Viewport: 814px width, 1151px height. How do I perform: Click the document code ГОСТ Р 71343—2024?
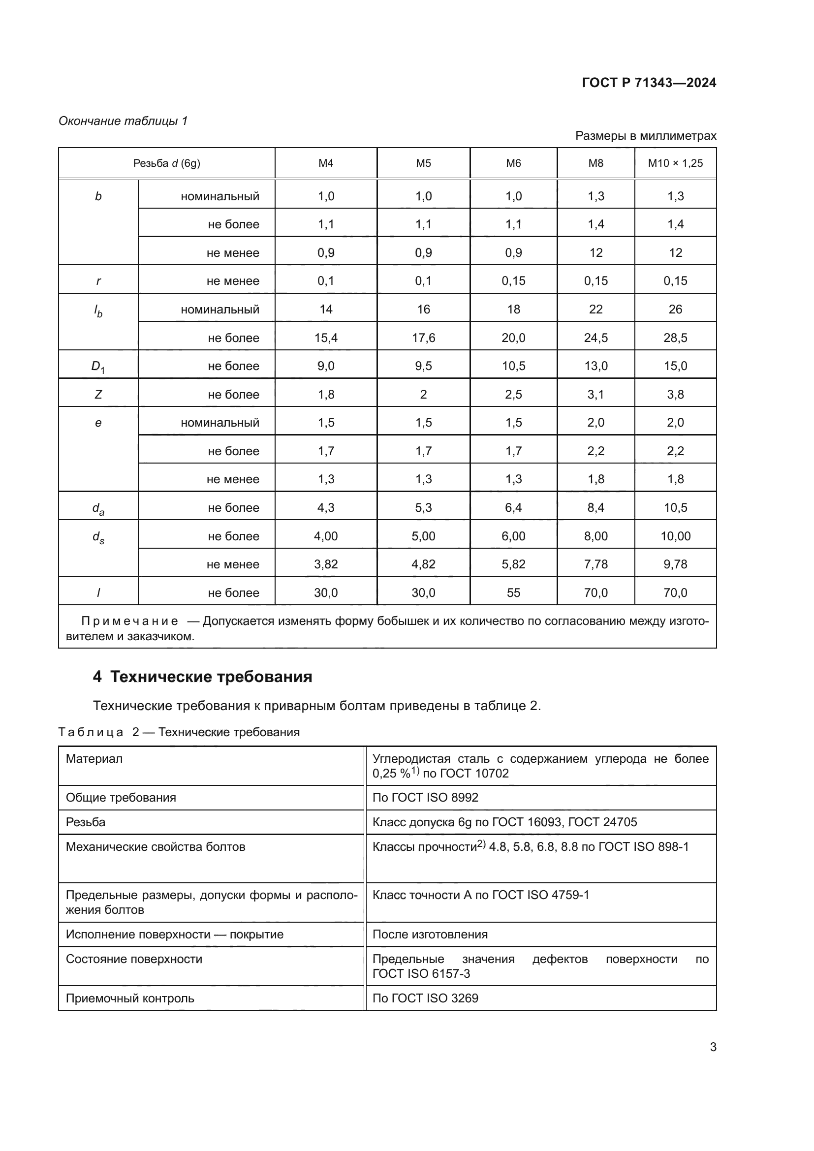pyautogui.click(x=649, y=83)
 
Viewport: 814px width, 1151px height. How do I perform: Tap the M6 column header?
pyautogui.click(x=513, y=163)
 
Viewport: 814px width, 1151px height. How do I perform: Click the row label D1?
pyautogui.click(x=98, y=367)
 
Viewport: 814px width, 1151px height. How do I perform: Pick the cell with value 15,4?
pyautogui.click(x=326, y=338)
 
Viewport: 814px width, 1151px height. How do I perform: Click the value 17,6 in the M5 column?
pyautogui.click(x=423, y=338)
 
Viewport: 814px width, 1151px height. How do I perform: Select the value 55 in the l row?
pyautogui.click(x=513, y=592)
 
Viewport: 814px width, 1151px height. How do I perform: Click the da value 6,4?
pyautogui.click(x=513, y=508)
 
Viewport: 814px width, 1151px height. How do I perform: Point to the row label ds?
pyautogui.click(x=98, y=537)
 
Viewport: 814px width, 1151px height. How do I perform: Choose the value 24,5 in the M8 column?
pyautogui.click(x=595, y=338)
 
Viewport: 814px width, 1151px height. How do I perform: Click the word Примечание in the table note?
pyautogui.click(x=129, y=622)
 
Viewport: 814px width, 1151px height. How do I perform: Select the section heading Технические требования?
pyautogui.click(x=211, y=677)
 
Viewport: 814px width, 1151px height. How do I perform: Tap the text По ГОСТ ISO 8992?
pyautogui.click(x=425, y=798)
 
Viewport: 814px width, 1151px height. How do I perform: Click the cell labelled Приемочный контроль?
pyautogui.click(x=130, y=998)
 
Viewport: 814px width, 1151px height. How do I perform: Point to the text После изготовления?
pyautogui.click(x=430, y=934)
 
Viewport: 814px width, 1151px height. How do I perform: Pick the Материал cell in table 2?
pyautogui.click(x=94, y=759)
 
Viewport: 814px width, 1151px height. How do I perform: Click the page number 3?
pyautogui.click(x=713, y=1047)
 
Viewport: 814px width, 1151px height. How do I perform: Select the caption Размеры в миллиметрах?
pyautogui.click(x=645, y=136)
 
